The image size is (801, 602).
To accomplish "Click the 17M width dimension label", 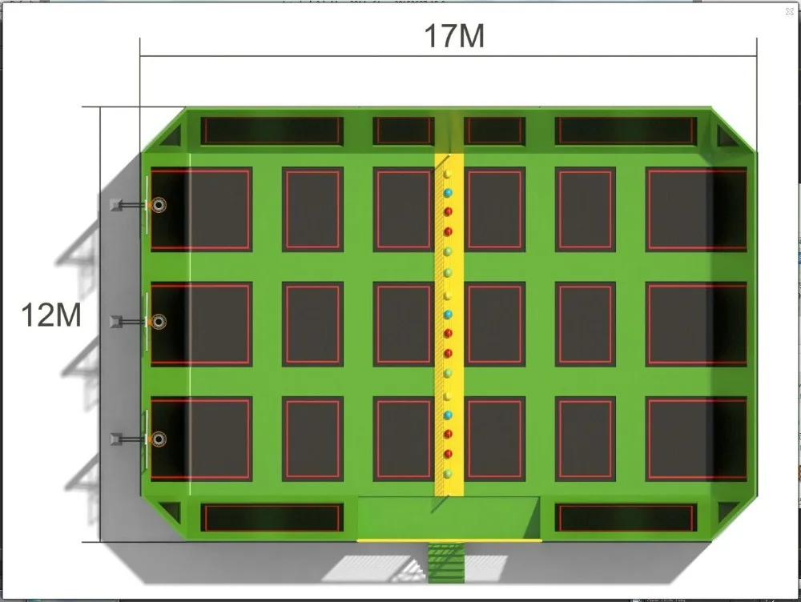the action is (454, 36).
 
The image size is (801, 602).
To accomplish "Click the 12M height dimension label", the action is (51, 315).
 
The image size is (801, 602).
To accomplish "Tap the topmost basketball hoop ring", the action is (159, 205).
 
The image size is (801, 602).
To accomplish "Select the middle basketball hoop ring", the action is (159, 322).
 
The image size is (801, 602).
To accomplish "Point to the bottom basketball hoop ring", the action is (159, 439).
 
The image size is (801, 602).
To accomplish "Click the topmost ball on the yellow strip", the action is (448, 174).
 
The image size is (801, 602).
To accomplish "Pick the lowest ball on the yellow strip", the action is (448, 474).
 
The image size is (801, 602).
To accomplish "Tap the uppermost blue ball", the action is (448, 192).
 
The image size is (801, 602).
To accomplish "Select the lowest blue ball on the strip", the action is (448, 415).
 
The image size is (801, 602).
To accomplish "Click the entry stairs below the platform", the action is (446, 562).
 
